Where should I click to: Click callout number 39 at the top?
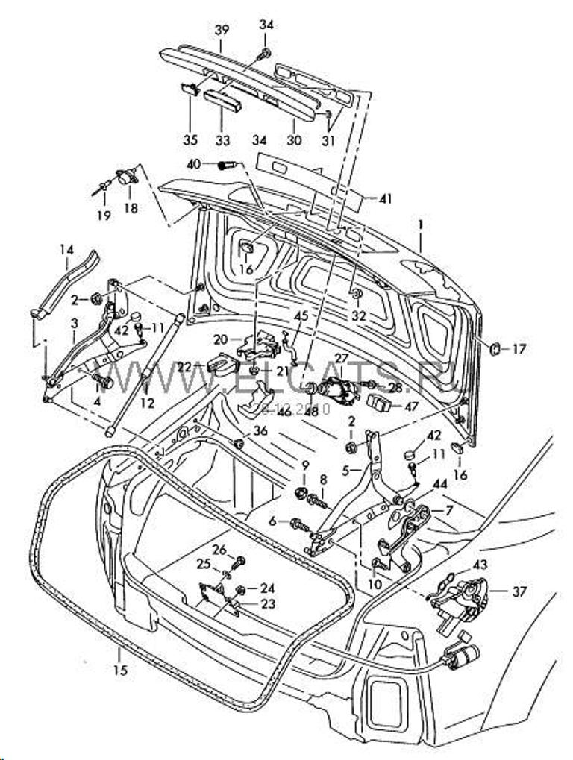point(222,31)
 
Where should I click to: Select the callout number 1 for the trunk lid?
point(421,224)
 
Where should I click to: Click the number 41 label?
point(385,199)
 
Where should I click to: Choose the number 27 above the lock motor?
point(341,359)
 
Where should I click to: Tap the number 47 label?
point(411,407)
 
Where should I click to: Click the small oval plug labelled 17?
point(494,348)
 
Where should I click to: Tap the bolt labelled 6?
point(297,522)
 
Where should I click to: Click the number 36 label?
point(260,430)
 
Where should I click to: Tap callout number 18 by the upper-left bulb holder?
point(131,209)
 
